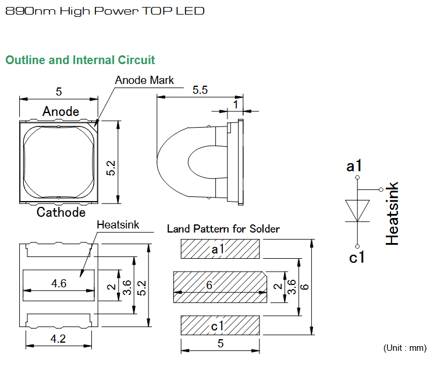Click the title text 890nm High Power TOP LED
tap(105, 11)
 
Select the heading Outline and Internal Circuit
tap(80, 60)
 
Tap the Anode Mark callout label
tap(144, 80)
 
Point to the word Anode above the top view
tap(61, 111)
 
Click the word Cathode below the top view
tap(61, 213)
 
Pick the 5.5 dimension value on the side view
tap(200, 90)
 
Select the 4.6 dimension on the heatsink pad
tap(59, 283)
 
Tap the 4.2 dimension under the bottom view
tap(58, 339)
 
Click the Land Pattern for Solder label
tap(223, 229)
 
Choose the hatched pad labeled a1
tap(220, 249)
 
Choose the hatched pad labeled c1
tap(220, 325)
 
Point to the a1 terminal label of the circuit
tap(354, 166)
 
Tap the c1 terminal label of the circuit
tap(357, 258)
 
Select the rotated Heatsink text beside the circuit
tap(392, 213)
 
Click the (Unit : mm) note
tap(405, 348)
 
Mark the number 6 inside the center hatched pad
tap(209, 285)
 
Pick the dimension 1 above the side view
tap(236, 105)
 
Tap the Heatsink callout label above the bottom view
tap(118, 225)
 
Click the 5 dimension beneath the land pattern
tap(221, 343)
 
